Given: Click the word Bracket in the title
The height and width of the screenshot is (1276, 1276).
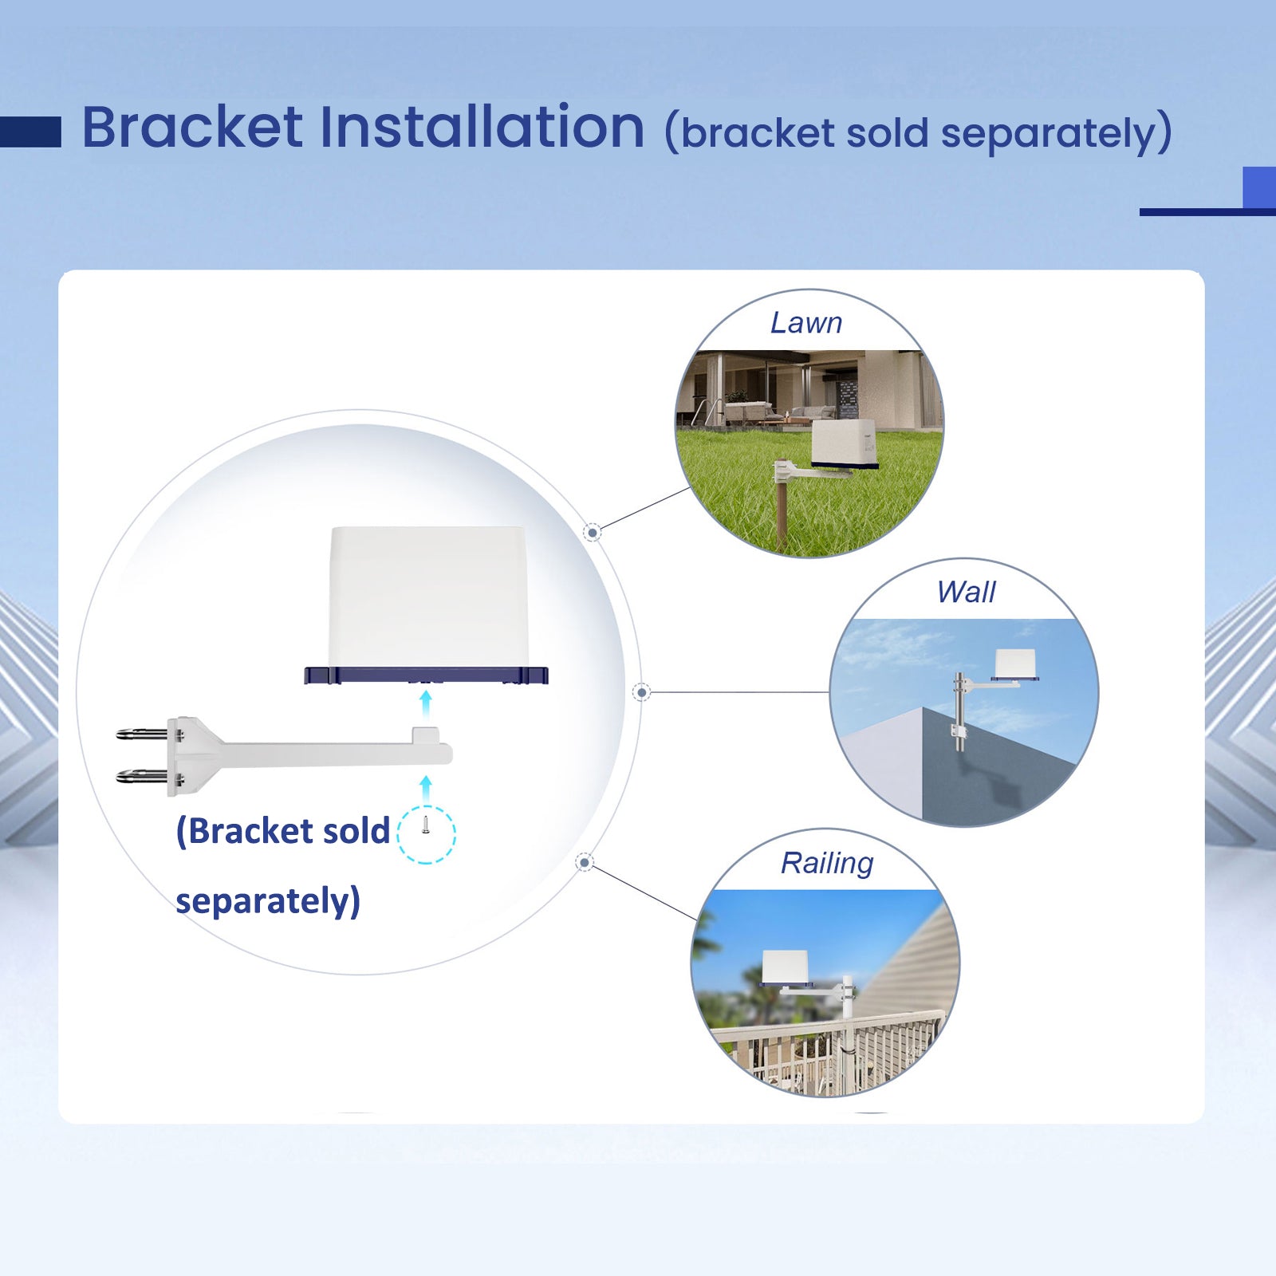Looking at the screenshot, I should (192, 128).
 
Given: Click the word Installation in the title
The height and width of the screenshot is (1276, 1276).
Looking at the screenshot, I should (482, 128).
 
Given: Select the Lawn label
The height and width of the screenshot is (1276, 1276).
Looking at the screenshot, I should (806, 323).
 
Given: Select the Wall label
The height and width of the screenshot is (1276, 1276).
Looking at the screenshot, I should (966, 593).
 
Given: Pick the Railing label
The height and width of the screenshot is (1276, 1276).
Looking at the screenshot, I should (827, 863).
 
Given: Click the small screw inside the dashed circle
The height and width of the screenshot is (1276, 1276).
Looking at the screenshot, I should (426, 825).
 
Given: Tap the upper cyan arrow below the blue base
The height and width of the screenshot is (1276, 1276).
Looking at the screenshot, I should (426, 706).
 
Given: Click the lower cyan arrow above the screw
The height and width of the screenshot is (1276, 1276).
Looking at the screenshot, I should (426, 790).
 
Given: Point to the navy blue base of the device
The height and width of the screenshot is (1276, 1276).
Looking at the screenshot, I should (426, 675).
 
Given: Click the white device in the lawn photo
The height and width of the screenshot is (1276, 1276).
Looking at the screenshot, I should (844, 443).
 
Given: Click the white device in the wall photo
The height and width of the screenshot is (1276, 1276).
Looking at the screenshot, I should (1015, 664).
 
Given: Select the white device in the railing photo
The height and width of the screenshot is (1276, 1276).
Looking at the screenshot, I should (786, 967).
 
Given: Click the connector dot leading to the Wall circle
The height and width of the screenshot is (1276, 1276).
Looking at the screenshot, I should (642, 692).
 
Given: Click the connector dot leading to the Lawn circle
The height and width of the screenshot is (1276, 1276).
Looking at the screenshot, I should (592, 532).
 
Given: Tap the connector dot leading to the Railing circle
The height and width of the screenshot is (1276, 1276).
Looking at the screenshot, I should (585, 862).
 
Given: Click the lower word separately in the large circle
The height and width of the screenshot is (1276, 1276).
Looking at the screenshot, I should (268, 901).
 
